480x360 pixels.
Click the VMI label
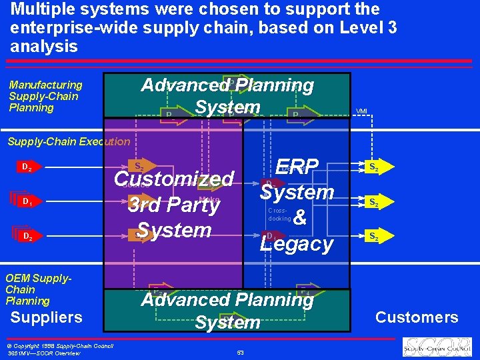[x=361, y=111]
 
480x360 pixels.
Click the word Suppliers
[x=47, y=317]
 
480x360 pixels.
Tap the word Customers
[x=417, y=317]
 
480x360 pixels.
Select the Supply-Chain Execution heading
[x=69, y=141]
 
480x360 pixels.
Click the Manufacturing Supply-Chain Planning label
[x=45, y=96]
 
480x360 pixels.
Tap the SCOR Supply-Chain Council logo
[x=436, y=347]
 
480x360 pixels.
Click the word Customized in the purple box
[x=174, y=179]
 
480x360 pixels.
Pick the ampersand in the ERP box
[x=300, y=218]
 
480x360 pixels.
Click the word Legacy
[x=297, y=244]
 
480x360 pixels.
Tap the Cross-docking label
[x=279, y=214]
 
